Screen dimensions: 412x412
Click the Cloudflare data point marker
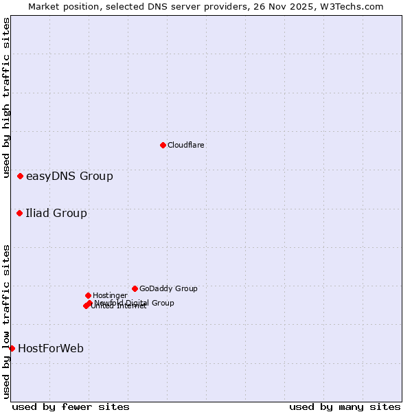(x=163, y=145)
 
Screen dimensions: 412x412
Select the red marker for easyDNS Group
(x=21, y=176)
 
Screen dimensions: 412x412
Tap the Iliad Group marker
(x=20, y=214)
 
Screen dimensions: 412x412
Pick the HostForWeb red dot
(x=12, y=349)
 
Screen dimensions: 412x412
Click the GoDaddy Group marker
(x=135, y=289)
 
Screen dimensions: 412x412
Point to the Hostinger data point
(x=89, y=296)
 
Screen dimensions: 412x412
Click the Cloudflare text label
(x=186, y=145)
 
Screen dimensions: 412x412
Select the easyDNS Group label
(x=69, y=176)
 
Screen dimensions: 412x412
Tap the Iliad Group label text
(x=56, y=214)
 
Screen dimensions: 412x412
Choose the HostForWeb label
(x=51, y=349)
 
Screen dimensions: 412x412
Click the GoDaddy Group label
(x=168, y=289)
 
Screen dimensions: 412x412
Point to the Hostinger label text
(x=110, y=296)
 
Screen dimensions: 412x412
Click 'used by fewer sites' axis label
(x=71, y=407)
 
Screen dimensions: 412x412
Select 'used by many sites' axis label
(x=345, y=407)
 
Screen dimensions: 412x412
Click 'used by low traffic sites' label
(x=7, y=321)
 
